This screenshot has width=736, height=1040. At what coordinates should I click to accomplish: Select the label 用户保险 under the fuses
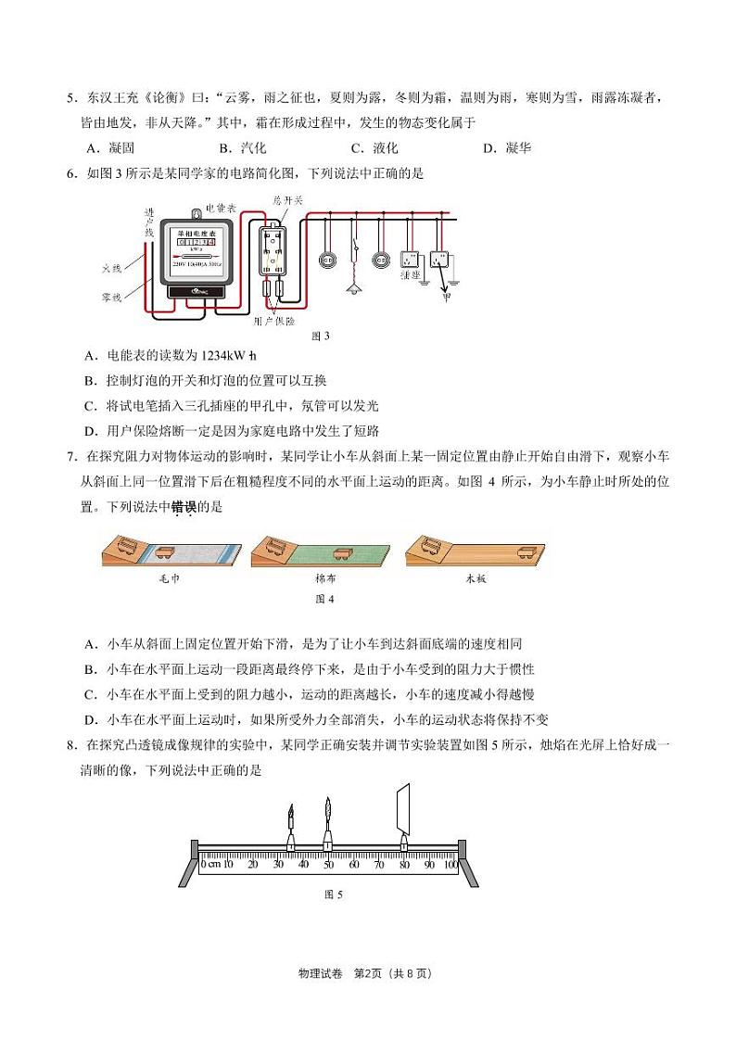tap(274, 321)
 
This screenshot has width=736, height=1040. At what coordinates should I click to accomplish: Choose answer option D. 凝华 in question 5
tap(507, 147)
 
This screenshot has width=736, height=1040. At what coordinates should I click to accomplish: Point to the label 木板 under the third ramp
tap(476, 577)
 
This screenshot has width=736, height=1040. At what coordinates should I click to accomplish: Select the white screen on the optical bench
tap(402, 807)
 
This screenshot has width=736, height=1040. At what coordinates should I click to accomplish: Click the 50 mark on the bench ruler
tap(327, 864)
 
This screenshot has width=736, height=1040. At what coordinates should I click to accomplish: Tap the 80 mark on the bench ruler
tap(403, 864)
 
